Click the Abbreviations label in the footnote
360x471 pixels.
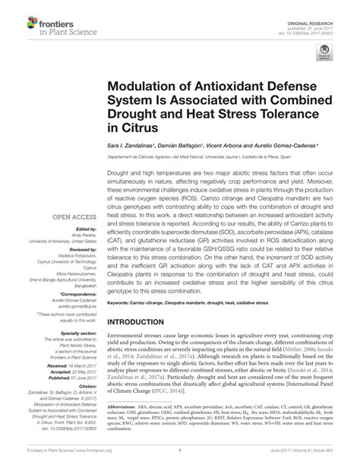click(x=124, y=428)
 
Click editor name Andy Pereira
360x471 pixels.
click(x=81, y=233)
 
